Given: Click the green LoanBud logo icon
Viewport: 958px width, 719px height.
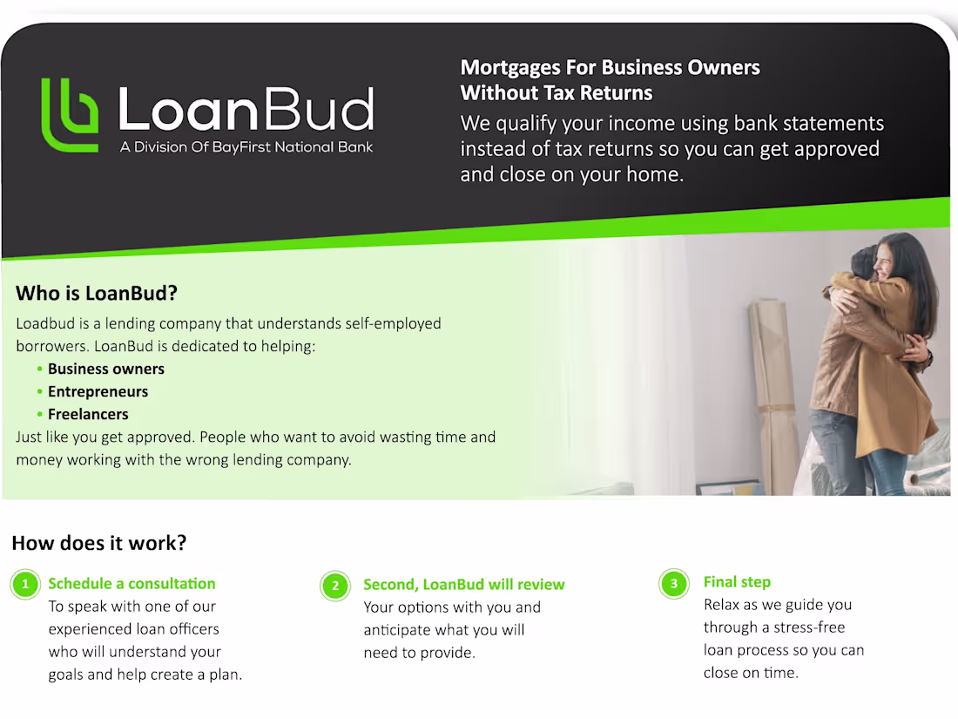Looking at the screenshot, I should click(x=70, y=114).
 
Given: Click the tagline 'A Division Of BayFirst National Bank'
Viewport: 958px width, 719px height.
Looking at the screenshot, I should click(x=246, y=147).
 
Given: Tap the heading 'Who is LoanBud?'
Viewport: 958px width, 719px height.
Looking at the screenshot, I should click(x=97, y=293).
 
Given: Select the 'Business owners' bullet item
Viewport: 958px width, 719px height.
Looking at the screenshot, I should click(x=105, y=369).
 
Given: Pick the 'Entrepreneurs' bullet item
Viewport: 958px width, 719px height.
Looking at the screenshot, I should click(x=98, y=391).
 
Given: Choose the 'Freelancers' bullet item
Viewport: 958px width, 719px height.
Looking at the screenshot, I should click(x=88, y=414).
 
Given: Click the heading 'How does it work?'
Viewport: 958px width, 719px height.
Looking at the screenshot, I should click(x=99, y=543).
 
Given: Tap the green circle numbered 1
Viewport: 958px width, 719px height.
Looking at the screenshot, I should click(x=25, y=585).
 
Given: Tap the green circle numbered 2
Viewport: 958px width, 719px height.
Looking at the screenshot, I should click(x=335, y=586).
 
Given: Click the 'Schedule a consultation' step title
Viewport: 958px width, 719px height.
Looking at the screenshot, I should click(x=132, y=584).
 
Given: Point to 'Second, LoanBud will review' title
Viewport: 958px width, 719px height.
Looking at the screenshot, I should click(x=463, y=585).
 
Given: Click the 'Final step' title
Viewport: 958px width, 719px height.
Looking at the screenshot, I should click(x=737, y=582).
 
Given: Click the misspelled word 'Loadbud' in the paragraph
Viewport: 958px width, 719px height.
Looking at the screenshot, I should click(x=45, y=323).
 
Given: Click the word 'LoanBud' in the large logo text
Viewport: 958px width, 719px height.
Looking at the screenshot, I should click(x=245, y=111).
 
